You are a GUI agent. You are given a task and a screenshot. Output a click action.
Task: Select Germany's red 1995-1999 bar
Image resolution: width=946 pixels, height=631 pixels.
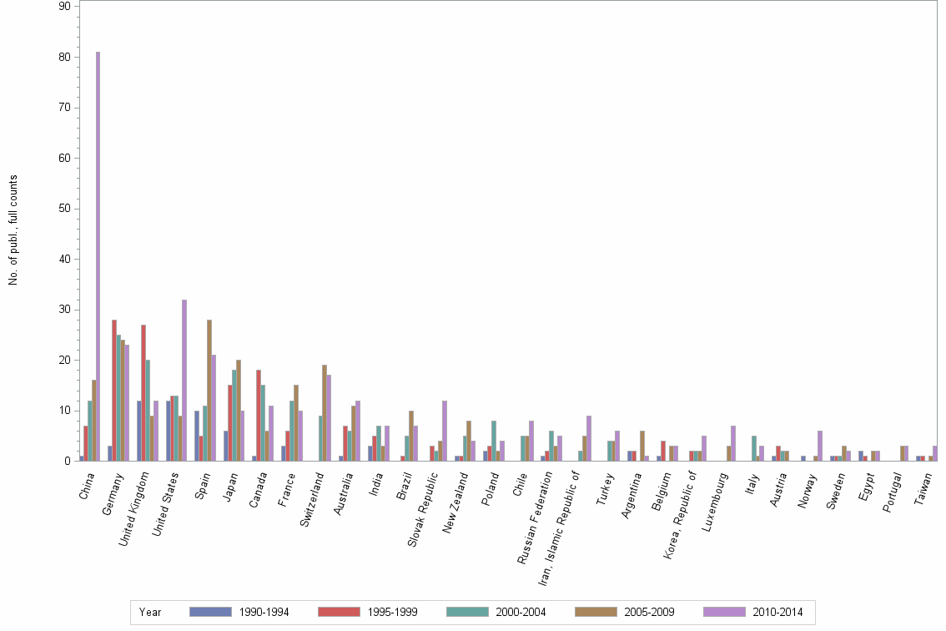(114, 390)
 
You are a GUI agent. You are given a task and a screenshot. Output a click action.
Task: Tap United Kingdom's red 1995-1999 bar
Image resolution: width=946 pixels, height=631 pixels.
(143, 392)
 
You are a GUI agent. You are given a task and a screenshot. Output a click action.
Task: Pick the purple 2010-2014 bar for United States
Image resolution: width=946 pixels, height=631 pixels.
(184, 380)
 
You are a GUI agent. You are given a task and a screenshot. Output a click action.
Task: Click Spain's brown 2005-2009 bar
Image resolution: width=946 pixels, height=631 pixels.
(209, 390)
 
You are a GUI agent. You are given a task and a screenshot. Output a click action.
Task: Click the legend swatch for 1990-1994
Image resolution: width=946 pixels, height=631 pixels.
(210, 612)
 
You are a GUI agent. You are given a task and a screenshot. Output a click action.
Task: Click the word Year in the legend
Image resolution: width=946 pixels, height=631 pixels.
(150, 613)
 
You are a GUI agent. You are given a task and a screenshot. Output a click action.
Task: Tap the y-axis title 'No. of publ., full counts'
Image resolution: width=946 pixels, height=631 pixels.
(13, 230)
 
